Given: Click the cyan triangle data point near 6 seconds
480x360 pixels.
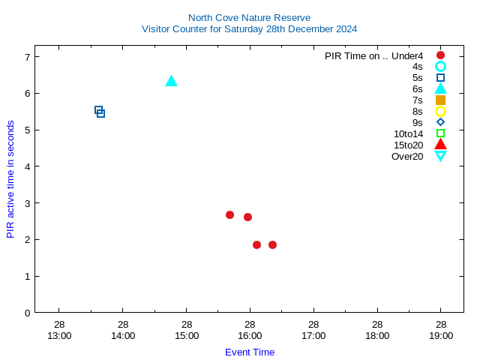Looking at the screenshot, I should (x=171, y=81).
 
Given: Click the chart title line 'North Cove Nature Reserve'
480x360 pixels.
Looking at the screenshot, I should (x=249, y=17).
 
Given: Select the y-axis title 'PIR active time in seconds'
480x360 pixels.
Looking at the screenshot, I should (x=10, y=179).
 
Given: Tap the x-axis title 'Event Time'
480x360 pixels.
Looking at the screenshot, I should (x=250, y=352).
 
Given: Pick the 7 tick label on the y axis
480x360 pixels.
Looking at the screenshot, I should (x=27, y=57).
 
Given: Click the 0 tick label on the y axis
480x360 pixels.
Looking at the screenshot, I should (x=27, y=313).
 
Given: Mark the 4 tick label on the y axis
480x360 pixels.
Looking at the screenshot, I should (x=27, y=166).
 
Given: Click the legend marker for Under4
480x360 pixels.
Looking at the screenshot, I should (x=440, y=55).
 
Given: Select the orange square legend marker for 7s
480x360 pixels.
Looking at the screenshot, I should (x=440, y=100).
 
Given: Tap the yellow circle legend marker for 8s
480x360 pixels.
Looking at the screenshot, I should (x=440, y=111).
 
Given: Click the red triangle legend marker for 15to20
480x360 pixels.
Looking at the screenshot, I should (x=440, y=144).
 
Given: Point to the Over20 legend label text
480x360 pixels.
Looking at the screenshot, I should (x=407, y=156).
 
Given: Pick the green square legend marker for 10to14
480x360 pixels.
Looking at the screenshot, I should (x=440, y=133).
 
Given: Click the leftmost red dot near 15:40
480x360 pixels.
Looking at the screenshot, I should (x=229, y=215).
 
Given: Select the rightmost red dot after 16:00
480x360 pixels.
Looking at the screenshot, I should (x=272, y=244).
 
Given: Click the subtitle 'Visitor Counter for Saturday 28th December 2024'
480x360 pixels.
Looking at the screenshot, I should (x=249, y=29).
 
